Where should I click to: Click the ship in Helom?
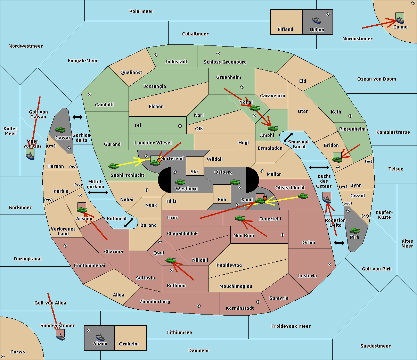317,20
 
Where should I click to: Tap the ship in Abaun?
100,337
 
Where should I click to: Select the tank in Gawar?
60,129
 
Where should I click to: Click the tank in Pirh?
355,231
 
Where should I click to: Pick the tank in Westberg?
180,182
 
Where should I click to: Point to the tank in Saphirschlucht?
113,166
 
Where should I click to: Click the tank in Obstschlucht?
303,196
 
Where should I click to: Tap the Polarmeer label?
141,11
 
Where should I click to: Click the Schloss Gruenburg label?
225,62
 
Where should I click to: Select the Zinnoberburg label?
155,302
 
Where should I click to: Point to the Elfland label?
285,30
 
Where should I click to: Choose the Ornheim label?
129,344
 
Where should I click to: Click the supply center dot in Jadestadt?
156,55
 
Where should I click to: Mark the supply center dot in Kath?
350,116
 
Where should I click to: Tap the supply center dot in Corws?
3,357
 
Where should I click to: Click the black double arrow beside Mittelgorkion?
98,192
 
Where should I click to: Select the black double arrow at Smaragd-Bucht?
288,137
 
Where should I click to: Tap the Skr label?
195,171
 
